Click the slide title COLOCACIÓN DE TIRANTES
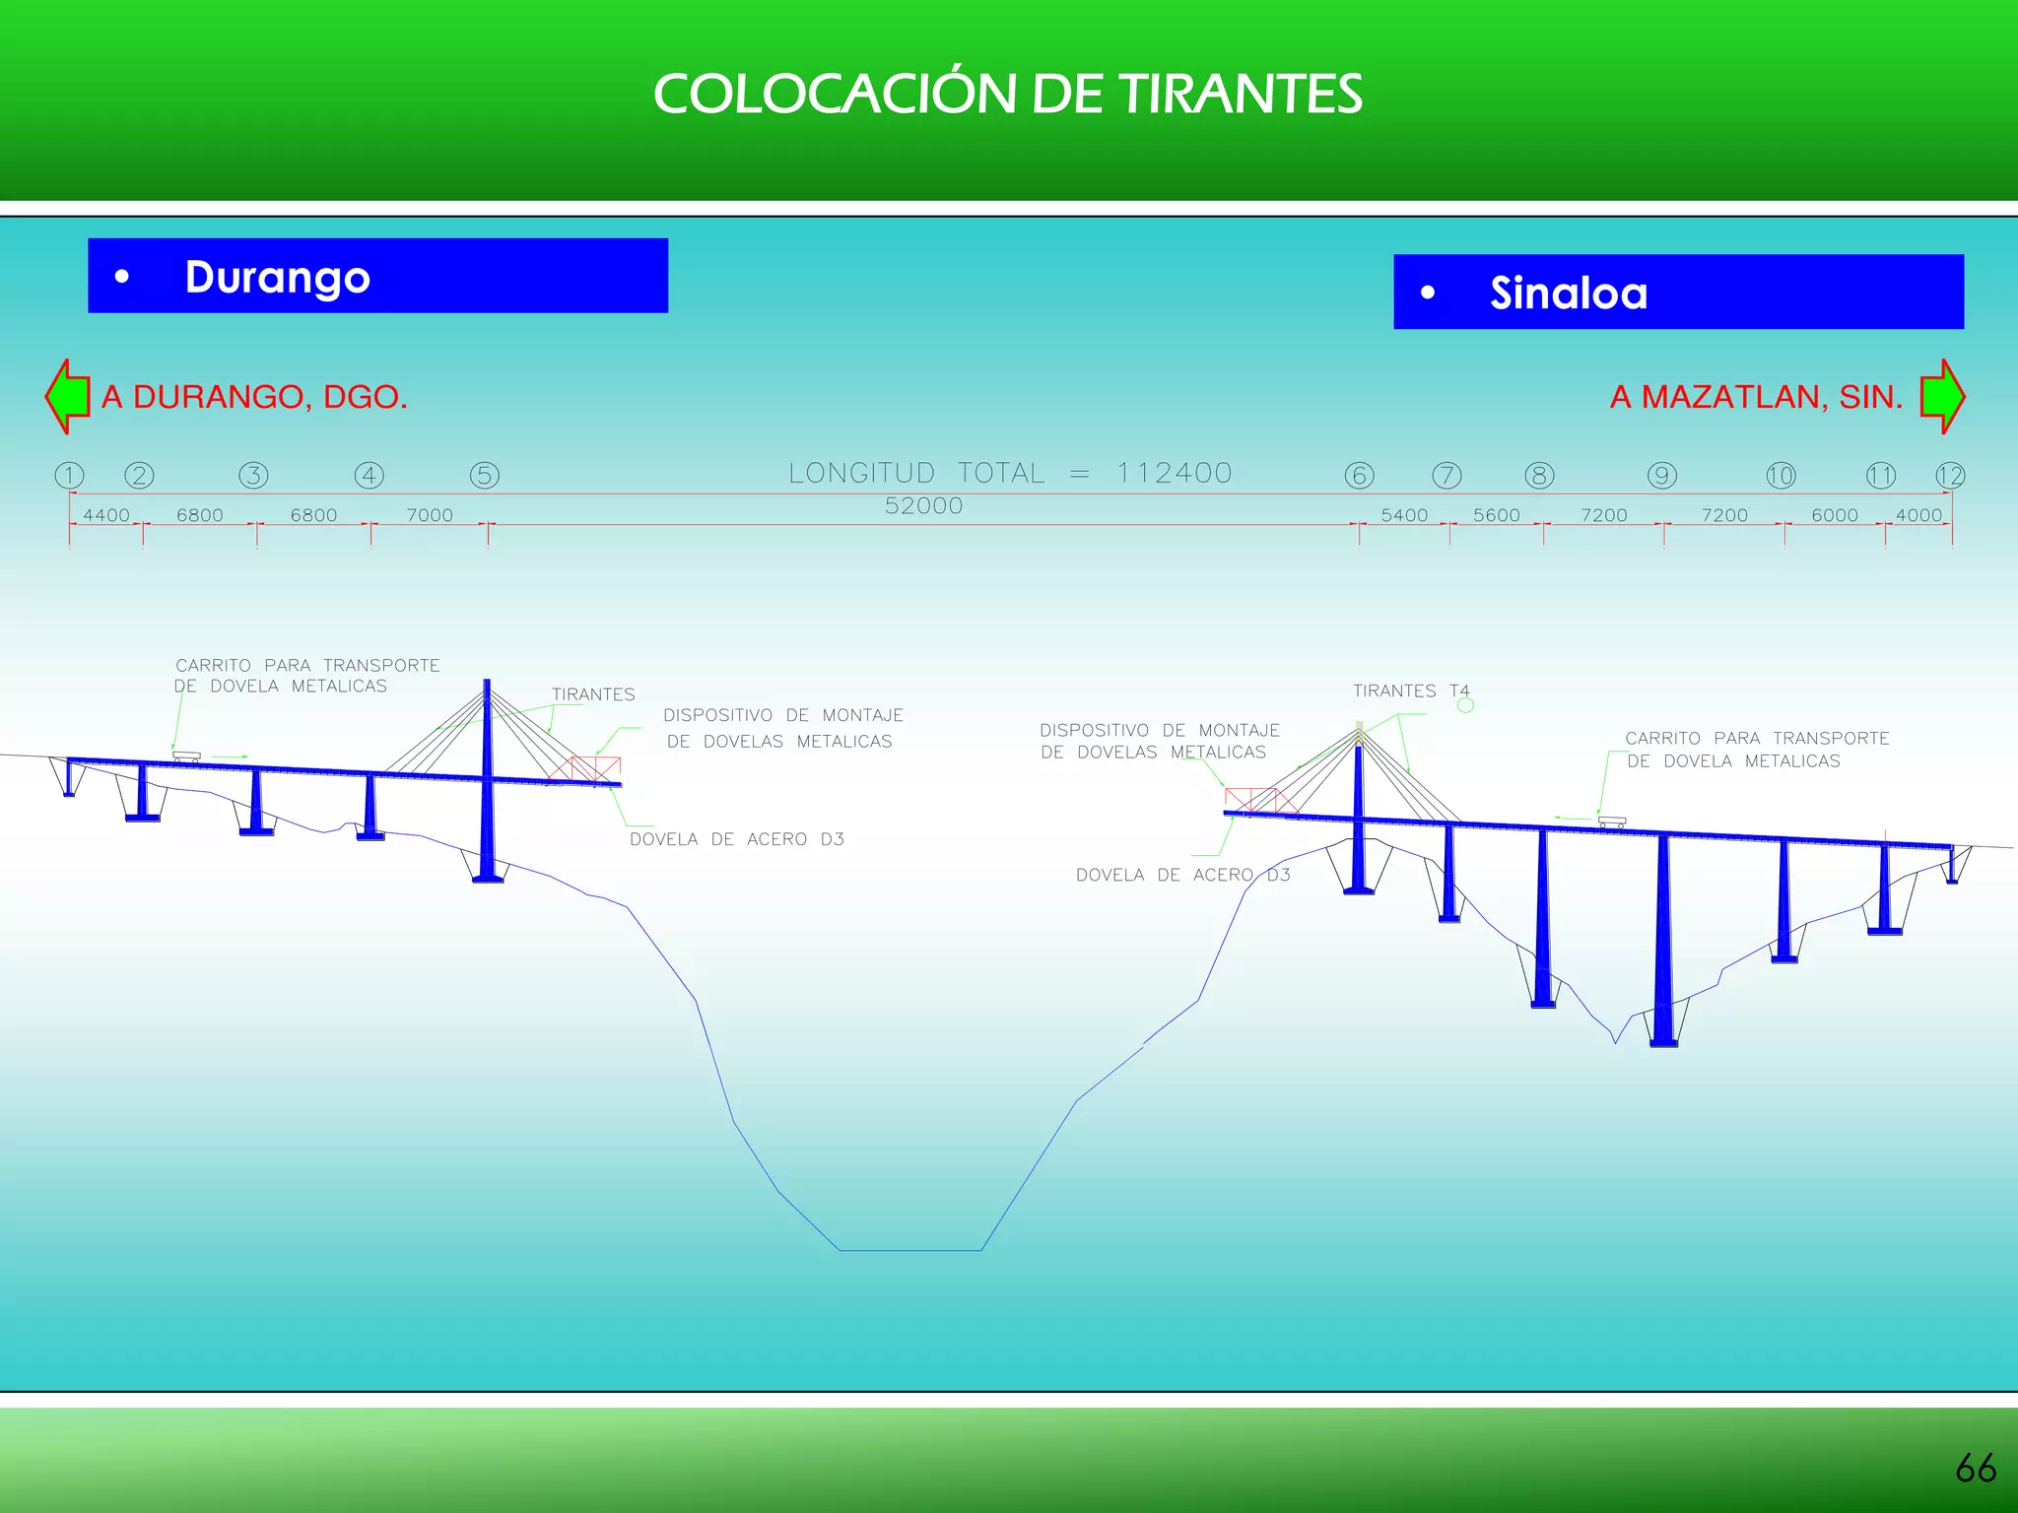(x=1007, y=95)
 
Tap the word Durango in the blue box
(x=277, y=278)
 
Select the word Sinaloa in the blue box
(x=1568, y=294)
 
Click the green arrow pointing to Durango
(x=68, y=396)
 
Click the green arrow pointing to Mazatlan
(x=1942, y=396)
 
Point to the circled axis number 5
(x=485, y=476)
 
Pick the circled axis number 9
(x=1662, y=476)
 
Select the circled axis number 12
(x=1950, y=476)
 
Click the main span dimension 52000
(x=923, y=506)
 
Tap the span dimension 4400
(x=106, y=515)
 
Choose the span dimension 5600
(x=1496, y=515)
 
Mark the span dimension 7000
(x=430, y=515)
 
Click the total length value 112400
(x=1174, y=474)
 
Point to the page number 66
(x=1976, y=1469)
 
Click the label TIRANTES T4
(x=1410, y=691)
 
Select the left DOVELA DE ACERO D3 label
(x=737, y=839)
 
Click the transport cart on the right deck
(x=1612, y=821)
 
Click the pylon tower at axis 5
(x=487, y=778)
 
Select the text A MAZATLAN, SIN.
(x=1756, y=397)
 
